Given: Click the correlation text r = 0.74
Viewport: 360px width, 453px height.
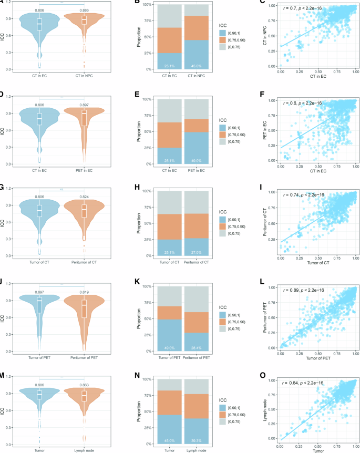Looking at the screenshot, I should [x=303, y=195].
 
